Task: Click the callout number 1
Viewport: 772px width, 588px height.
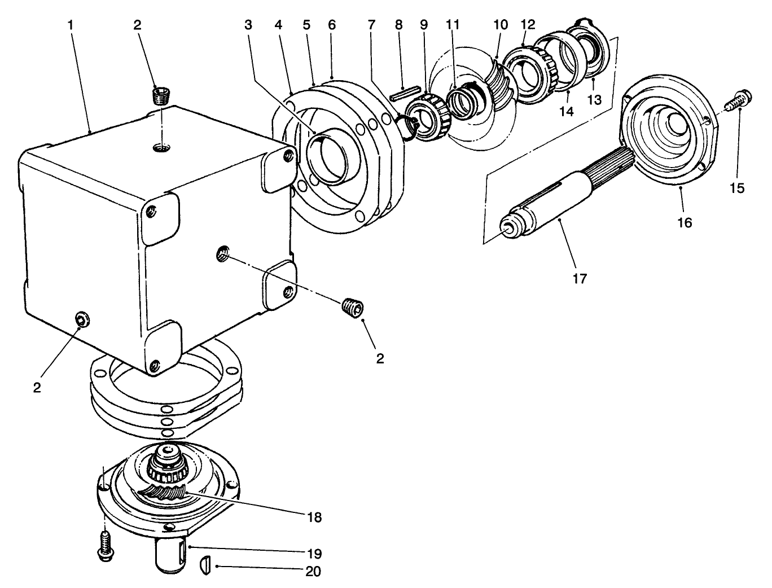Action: coord(71,25)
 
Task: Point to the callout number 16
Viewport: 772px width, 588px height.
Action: coord(684,222)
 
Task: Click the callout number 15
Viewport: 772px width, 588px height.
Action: coord(737,188)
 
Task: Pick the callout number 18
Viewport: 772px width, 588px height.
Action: coord(314,516)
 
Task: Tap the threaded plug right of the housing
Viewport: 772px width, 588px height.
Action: coord(354,308)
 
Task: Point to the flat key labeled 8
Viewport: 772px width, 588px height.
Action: coord(405,92)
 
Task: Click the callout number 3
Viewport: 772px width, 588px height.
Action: coord(249,25)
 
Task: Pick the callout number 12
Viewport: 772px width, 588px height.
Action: coord(528,25)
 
